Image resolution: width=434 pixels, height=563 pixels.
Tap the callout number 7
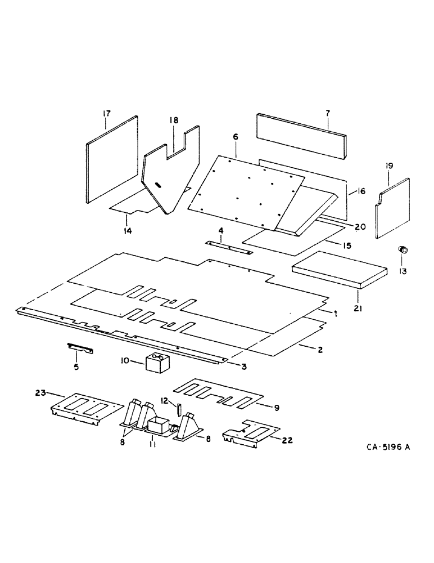(327, 113)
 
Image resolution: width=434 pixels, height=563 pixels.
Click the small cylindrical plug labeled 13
(403, 250)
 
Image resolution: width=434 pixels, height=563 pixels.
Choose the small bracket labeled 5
(81, 348)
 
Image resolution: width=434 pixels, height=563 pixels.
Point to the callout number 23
(41, 393)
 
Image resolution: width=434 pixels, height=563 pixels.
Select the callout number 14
(127, 231)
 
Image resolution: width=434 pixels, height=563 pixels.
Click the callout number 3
(244, 367)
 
